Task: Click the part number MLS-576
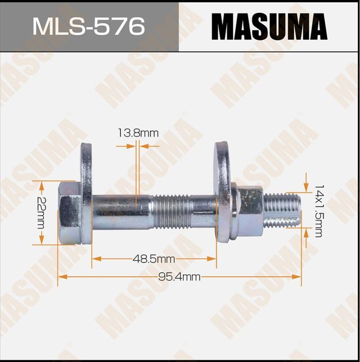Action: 89,26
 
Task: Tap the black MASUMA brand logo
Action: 269,26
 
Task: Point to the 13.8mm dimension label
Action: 138,133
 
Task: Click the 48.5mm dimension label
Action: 154,259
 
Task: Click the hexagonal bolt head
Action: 69,212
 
